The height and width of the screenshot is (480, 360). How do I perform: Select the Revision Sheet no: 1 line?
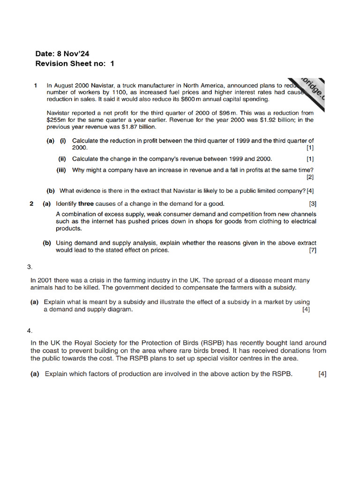[75, 63]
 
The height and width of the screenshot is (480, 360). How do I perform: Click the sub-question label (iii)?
[61, 170]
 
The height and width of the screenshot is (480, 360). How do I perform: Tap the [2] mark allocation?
[310, 177]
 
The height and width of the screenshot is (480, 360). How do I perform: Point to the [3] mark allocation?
[313, 203]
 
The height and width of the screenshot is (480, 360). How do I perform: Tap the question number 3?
[30, 267]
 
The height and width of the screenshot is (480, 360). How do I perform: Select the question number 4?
[30, 330]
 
